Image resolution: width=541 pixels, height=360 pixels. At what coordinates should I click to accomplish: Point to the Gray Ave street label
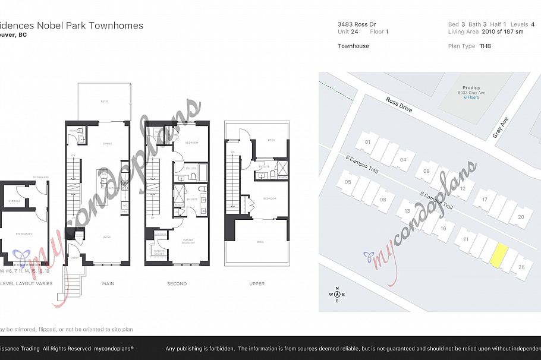(501, 128)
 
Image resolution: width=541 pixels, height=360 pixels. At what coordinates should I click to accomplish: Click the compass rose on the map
(338, 294)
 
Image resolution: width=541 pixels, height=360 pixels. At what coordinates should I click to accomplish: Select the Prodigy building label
(468, 87)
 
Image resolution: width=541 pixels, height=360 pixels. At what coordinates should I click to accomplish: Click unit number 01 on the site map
(367, 142)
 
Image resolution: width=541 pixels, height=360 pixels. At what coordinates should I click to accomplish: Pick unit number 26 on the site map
(521, 267)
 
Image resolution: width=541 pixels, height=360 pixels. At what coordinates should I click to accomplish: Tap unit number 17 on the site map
(485, 199)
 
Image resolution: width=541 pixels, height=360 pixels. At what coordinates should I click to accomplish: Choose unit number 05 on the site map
(348, 182)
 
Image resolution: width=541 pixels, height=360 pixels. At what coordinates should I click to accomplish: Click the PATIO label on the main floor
(104, 102)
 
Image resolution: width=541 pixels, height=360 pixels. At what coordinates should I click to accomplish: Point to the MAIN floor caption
(108, 284)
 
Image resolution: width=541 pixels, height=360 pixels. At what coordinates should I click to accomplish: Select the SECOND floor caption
(177, 284)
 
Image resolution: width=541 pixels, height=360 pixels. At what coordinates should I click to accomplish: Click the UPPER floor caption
(257, 284)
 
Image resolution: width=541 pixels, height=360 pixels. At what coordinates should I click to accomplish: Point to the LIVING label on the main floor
(108, 236)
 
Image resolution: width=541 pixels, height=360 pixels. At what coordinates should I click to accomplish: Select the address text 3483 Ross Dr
(357, 24)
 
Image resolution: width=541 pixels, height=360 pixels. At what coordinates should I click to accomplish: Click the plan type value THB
(485, 46)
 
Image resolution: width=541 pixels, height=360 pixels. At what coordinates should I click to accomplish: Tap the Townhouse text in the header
(353, 46)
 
